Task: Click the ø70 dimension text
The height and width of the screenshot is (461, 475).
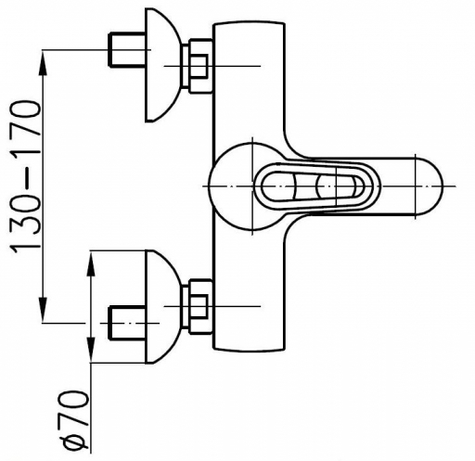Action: [x=74, y=419]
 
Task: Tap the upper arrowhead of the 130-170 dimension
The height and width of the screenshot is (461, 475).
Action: [x=44, y=62]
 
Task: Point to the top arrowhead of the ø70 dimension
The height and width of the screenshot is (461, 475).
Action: [x=91, y=263]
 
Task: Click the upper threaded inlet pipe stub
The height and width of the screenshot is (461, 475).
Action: [x=127, y=49]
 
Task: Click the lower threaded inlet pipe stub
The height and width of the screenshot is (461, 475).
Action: [x=127, y=323]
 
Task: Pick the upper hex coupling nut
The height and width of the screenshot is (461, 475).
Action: [x=200, y=66]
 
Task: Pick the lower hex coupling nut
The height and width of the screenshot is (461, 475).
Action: [x=200, y=306]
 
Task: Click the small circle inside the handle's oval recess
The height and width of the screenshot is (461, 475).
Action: [x=327, y=186]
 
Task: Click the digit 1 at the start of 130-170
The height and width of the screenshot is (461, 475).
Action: [x=26, y=243]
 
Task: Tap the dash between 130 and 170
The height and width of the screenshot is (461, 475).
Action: [x=26, y=174]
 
